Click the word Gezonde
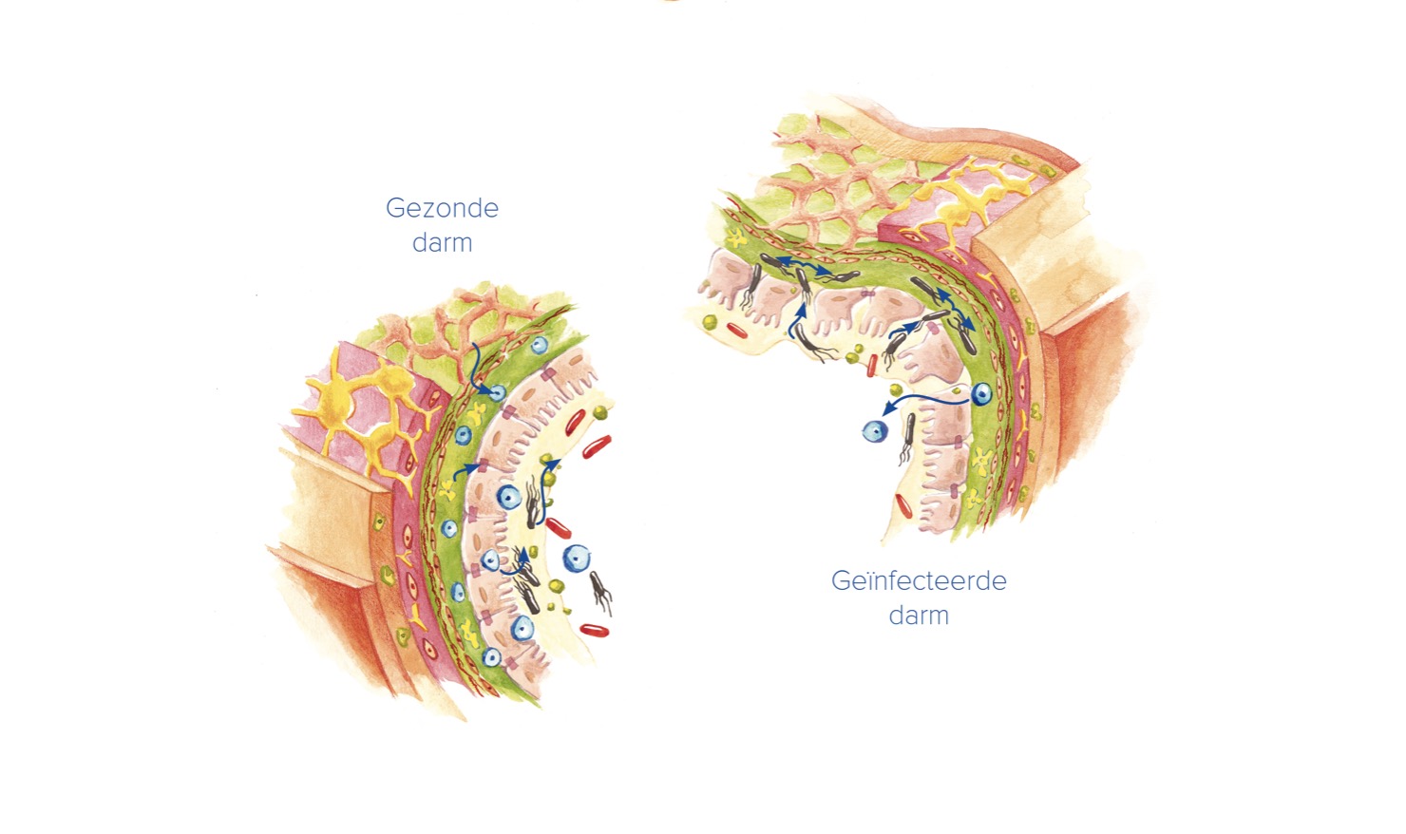(442, 208)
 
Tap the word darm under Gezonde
(442, 242)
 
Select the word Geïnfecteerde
(919, 580)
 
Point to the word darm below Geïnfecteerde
(919, 615)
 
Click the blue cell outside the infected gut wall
(874, 431)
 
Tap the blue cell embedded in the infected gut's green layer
(981, 393)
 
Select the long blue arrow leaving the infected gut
(926, 401)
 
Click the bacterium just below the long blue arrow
(907, 438)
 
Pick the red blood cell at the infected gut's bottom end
(903, 505)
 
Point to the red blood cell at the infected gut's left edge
(737, 331)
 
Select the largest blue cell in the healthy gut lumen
(577, 558)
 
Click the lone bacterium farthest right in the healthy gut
(601, 592)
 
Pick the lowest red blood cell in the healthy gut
(594, 630)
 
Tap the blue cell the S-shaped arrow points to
(497, 393)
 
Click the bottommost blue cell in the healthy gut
(491, 657)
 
